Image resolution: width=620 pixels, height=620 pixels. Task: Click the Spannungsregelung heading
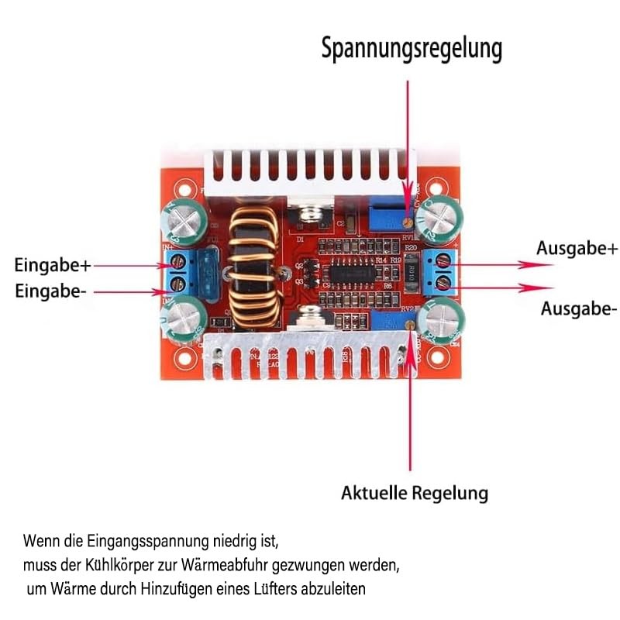coord(412,49)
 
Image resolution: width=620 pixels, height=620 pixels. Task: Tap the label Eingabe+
coord(53,265)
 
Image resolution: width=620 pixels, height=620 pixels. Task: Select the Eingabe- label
coord(50,291)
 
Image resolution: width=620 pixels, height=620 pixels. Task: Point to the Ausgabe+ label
coord(577,249)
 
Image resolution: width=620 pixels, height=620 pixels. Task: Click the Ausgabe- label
coord(579,308)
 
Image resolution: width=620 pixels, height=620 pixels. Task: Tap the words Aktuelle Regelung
coord(415,493)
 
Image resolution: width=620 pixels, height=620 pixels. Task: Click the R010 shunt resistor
coord(411,272)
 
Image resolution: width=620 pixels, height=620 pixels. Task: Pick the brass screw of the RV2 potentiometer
coord(410,325)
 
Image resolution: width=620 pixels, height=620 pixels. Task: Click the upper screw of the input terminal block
coord(179,261)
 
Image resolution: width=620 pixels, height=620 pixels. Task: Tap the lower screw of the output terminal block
coord(443,282)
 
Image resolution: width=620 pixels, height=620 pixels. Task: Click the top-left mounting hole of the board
coord(184,191)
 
